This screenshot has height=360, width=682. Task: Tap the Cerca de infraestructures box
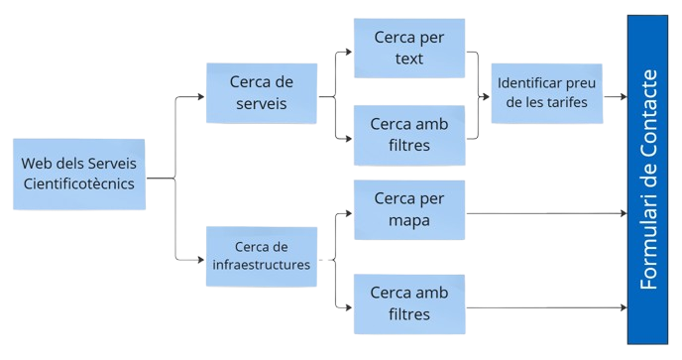coord(261,256)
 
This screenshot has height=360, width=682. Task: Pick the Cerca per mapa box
coord(409,209)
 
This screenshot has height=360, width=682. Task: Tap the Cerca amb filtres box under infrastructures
coord(409,302)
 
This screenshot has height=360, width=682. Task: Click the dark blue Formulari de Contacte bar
coord(653,179)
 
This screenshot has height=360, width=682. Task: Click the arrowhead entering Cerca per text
coord(348,50)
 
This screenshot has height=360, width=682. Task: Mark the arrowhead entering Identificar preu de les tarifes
coord(485,97)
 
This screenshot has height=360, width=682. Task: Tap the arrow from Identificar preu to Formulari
coord(615,97)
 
